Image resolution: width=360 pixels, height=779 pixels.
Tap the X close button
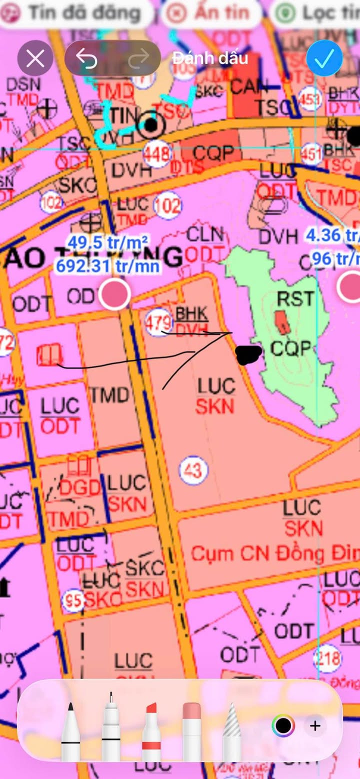pos(35,58)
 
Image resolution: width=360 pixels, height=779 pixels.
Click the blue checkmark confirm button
pos(324,58)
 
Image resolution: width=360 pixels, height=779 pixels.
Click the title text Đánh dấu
pos(210,58)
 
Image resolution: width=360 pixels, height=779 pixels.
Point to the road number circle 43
pos(193,470)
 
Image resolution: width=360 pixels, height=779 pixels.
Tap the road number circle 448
pos(157,154)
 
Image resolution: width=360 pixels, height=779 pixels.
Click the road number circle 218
pos(327,658)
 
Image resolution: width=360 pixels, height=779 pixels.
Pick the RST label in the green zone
pos(295,298)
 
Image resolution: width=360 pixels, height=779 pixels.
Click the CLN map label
pos(205,234)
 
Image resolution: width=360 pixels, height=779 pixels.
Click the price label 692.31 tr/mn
pos(107,265)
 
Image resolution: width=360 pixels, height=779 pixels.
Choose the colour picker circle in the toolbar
pos(283,725)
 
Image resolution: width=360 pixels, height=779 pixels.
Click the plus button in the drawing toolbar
pos(315,725)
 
